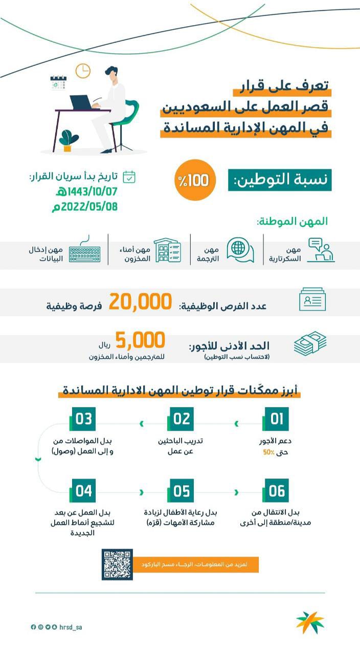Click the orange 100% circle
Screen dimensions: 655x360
[x=195, y=181]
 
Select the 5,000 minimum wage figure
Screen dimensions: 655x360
[x=140, y=340]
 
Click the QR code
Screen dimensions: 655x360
[x=117, y=564]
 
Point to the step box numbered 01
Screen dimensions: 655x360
[x=277, y=419]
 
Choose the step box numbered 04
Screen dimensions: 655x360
[x=83, y=491]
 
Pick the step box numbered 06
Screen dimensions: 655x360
[x=277, y=491]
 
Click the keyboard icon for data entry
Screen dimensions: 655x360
[x=85, y=251]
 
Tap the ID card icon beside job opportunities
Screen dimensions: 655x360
[x=312, y=300]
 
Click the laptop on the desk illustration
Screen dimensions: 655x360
[x=84, y=102]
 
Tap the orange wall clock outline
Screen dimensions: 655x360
[x=83, y=71]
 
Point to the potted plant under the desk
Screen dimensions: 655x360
[x=68, y=140]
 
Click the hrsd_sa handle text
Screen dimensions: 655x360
[x=71, y=627]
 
